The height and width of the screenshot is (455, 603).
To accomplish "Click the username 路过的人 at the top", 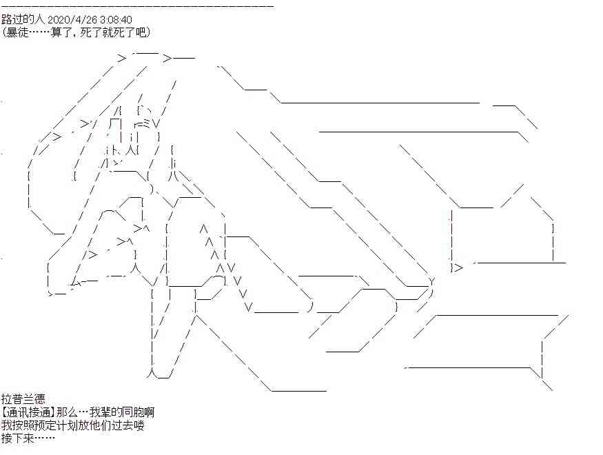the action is (23, 19).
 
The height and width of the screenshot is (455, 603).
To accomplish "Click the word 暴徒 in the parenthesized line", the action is (17, 32).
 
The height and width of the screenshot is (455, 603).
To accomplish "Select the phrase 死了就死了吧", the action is (114, 32).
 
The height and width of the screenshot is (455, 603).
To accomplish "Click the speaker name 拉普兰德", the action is (23, 399).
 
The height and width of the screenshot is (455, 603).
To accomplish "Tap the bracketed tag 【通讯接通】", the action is (28, 412).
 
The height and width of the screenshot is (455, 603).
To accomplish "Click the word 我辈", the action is (100, 412).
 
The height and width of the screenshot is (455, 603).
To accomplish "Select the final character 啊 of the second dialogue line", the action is (150, 412).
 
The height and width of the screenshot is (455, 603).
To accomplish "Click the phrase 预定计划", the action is (56, 425).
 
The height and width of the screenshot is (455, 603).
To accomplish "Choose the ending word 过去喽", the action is (127, 425).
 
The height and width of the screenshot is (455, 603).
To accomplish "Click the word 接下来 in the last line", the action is (18, 438).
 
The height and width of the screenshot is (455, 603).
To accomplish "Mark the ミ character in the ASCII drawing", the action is (147, 123).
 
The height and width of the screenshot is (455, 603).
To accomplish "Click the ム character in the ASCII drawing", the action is (76, 283).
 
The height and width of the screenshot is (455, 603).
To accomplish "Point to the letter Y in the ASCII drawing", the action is (431, 281).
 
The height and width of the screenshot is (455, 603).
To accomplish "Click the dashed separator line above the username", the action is (138, 6).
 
